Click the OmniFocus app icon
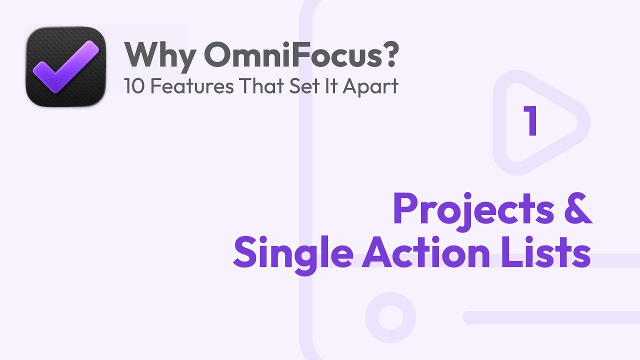[x=65, y=67]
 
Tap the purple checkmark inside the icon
[x=66, y=66]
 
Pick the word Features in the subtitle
[x=192, y=85]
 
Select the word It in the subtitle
[x=331, y=85]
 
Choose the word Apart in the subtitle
[x=370, y=87]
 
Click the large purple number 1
[x=530, y=120]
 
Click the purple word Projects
[x=473, y=211]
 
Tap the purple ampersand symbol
[x=578, y=208]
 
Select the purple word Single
[x=293, y=254]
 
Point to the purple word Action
[x=425, y=252]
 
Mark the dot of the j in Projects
[x=467, y=196]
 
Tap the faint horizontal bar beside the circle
[x=551, y=317]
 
